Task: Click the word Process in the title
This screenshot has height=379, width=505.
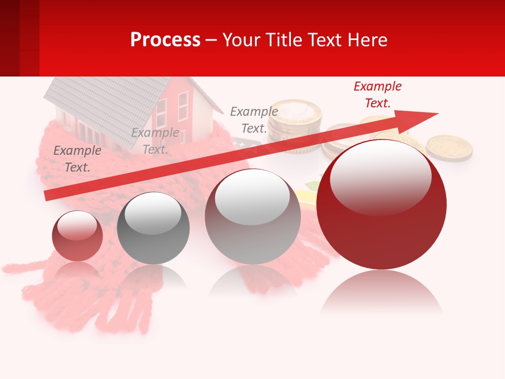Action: [165, 40]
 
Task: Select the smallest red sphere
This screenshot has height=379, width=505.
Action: [77, 236]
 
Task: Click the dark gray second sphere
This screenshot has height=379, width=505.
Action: [153, 228]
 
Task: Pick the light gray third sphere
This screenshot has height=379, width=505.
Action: [252, 217]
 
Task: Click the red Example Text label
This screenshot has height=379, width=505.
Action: [377, 95]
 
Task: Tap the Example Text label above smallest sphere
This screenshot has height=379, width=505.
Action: [77, 159]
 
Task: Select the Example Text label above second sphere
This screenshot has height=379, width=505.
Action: [155, 141]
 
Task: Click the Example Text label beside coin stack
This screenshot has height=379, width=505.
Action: [254, 120]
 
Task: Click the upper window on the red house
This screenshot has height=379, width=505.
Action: [183, 99]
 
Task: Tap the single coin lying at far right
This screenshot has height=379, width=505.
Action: [449, 147]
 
